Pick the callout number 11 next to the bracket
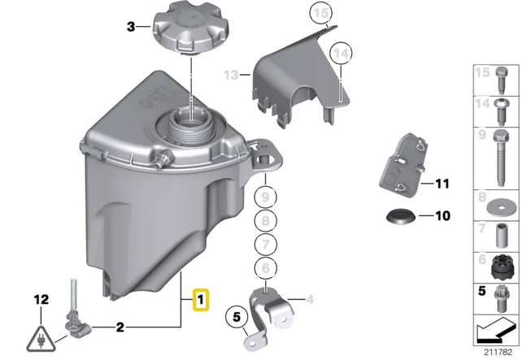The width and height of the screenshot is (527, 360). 442,184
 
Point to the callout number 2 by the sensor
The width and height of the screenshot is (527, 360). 120,327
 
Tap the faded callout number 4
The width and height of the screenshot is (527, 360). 310,300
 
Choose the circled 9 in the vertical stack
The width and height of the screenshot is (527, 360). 264,196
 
